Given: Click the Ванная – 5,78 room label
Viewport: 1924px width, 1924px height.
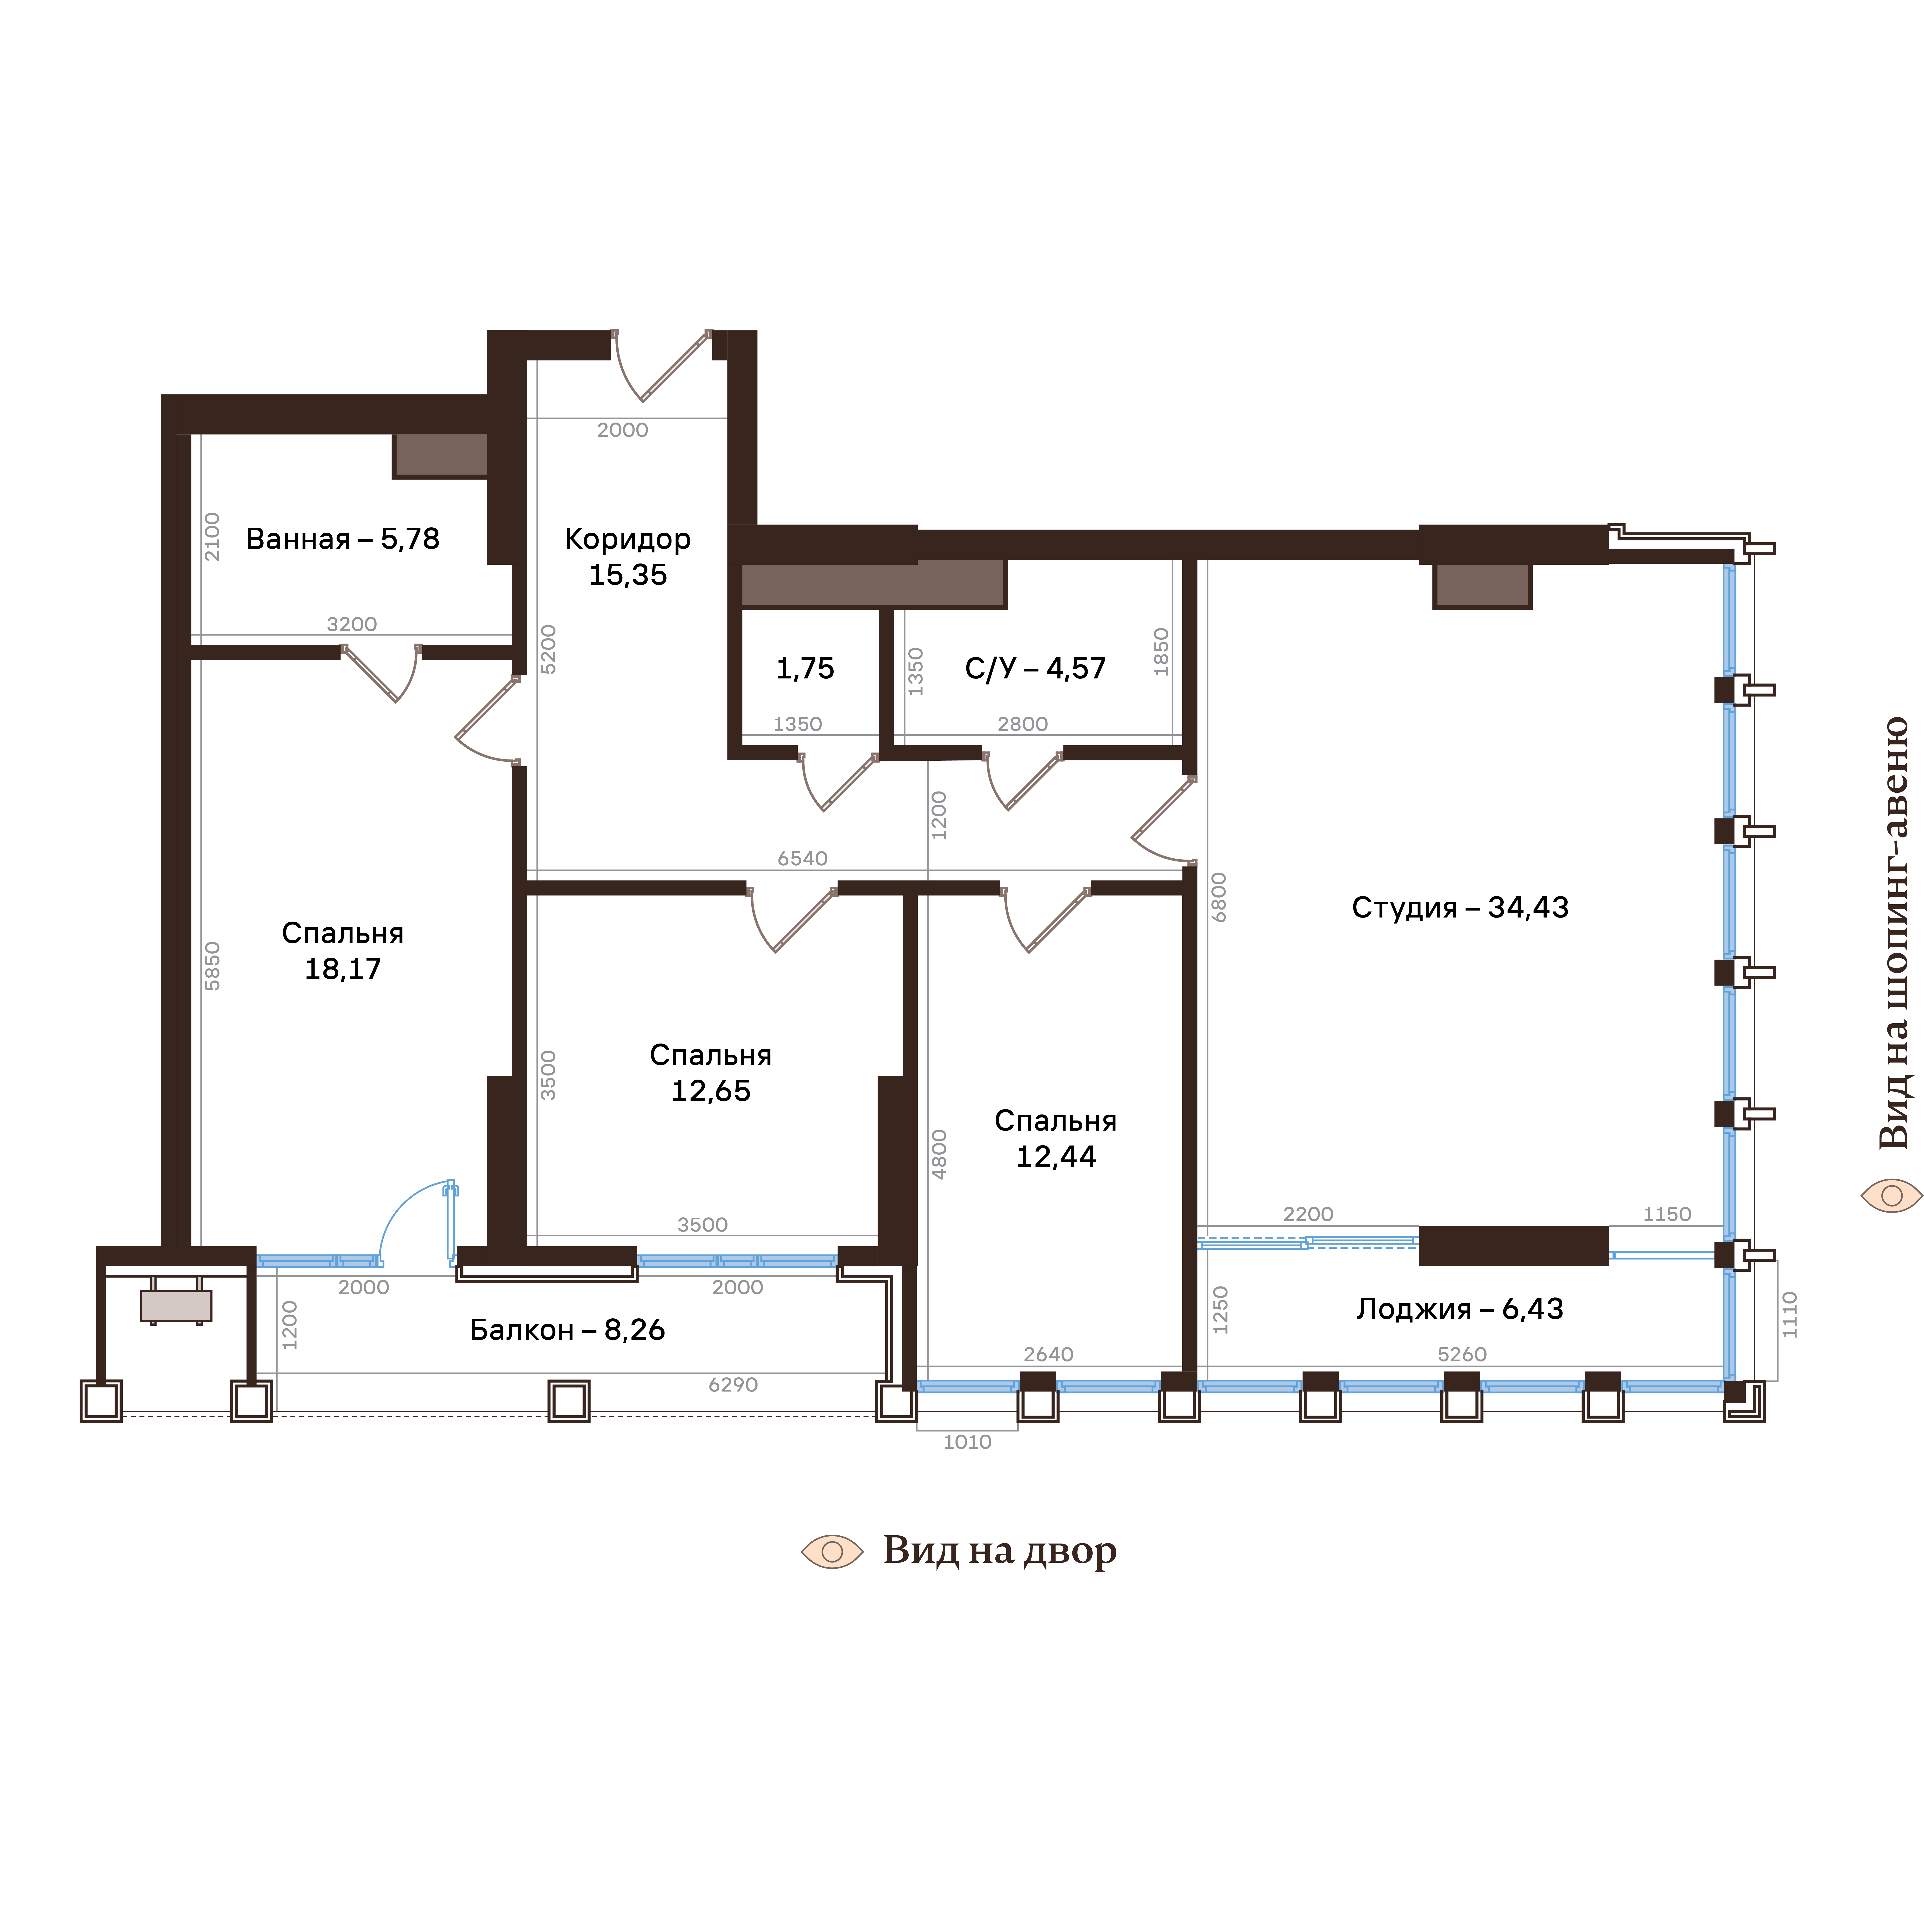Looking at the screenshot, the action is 342,539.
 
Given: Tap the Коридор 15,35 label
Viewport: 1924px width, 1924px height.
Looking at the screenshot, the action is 627,557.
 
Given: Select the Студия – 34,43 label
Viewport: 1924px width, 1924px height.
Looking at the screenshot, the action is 1460,907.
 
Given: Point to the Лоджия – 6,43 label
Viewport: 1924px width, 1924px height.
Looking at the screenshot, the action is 1460,1309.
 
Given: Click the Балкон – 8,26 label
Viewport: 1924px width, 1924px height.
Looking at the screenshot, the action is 567,1329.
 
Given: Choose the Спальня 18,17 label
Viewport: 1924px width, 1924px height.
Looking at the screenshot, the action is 342,951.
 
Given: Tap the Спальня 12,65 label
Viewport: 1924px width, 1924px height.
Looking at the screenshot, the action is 710,1073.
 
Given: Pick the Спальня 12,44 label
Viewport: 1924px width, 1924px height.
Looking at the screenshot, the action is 1056,1138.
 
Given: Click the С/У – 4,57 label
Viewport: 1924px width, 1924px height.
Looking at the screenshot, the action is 1035,668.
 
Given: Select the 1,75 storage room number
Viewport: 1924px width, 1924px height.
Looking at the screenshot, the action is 805,668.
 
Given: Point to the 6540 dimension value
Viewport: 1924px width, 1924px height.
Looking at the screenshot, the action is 803,858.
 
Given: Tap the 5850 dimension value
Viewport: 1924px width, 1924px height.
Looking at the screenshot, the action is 212,966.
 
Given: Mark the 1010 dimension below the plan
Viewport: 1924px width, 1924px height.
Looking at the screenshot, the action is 967,1442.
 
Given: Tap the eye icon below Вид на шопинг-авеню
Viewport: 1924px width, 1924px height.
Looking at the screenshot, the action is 1891,1195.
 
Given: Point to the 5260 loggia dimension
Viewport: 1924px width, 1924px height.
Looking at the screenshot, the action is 1462,1354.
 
